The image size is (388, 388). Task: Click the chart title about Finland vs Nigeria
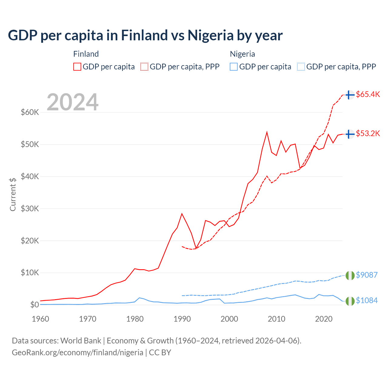pyautogui.click(x=145, y=35)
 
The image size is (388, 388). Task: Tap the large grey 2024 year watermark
pyautogui.click(x=73, y=102)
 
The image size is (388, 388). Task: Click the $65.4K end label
pyautogui.click(x=368, y=94)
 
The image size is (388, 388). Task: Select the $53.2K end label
pyautogui.click(x=368, y=133)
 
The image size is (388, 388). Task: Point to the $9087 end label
pyautogui.click(x=366, y=275)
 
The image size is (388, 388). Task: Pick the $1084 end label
pyautogui.click(x=366, y=300)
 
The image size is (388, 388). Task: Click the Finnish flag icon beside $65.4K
pyautogui.click(x=350, y=95)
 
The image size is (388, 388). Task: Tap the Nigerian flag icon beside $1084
pyautogui.click(x=350, y=301)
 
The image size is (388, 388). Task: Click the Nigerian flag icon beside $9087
pyautogui.click(x=350, y=276)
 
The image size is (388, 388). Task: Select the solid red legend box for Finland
pyautogui.click(x=77, y=67)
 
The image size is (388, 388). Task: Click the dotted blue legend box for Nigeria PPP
pyautogui.click(x=301, y=67)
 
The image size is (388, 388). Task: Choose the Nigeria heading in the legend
pyautogui.click(x=242, y=54)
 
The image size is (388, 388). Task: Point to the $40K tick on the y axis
pyautogui.click(x=30, y=176)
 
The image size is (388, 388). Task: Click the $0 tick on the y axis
pyautogui.click(x=34, y=305)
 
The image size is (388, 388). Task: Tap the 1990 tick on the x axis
pyautogui.click(x=182, y=319)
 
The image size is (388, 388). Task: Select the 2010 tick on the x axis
pyautogui.click(x=276, y=319)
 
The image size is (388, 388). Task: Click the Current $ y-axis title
pyautogui.click(x=13, y=194)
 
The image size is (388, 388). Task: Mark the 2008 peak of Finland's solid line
pyautogui.click(x=267, y=132)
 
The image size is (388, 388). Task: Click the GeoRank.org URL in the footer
pyautogui.click(x=78, y=353)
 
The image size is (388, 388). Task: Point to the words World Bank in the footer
pyautogui.click(x=81, y=341)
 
